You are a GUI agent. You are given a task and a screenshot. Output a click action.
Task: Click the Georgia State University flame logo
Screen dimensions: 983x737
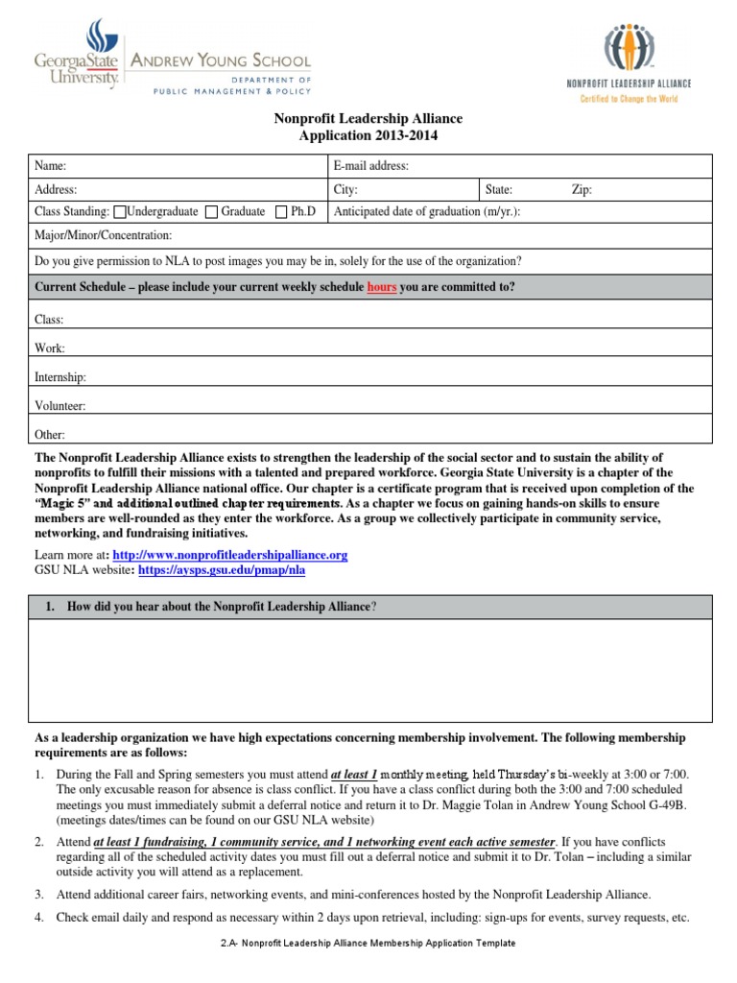click(x=99, y=38)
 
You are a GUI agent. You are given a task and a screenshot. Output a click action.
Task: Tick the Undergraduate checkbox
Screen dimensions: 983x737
click(x=119, y=212)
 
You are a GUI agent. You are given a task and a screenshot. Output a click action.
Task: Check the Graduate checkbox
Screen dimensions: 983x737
click(x=212, y=212)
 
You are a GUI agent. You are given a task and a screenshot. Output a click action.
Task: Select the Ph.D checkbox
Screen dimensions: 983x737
click(x=281, y=212)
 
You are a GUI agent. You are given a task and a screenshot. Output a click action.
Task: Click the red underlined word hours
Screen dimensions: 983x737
click(x=382, y=287)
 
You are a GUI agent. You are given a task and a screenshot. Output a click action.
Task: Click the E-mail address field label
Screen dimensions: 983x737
click(x=370, y=166)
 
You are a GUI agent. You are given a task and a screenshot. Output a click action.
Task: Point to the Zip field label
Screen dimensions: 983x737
click(x=582, y=190)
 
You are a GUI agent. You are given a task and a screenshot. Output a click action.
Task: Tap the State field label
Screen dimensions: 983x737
click(x=499, y=190)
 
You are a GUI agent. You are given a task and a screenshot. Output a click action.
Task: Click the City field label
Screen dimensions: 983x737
click(x=345, y=190)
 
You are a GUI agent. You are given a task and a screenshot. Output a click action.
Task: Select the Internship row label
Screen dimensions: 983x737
click(x=60, y=378)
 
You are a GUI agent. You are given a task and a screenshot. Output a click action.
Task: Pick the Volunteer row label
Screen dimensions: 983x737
click(x=59, y=406)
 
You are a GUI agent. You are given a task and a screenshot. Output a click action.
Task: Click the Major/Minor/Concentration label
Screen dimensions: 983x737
click(x=104, y=235)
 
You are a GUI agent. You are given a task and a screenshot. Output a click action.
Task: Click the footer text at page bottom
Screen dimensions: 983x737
click(x=368, y=944)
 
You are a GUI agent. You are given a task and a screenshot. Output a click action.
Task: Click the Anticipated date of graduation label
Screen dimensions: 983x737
click(x=426, y=212)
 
